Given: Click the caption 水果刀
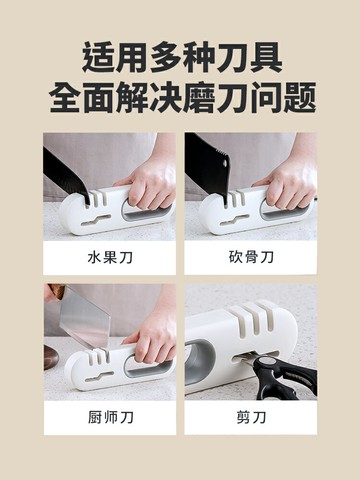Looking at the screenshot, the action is (110, 257).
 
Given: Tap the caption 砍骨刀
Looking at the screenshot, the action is (251, 257).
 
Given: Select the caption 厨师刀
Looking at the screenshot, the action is (110, 417).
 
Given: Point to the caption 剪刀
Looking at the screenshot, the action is (251, 417).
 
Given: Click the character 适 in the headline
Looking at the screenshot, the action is (99, 58).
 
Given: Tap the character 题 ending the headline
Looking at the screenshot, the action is (299, 97).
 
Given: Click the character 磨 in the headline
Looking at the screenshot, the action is (199, 97).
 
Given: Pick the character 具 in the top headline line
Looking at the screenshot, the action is (266, 58).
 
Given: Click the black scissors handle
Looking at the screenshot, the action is (287, 378).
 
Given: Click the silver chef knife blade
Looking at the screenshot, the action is (85, 317).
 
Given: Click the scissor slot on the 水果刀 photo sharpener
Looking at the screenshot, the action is (96, 220).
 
